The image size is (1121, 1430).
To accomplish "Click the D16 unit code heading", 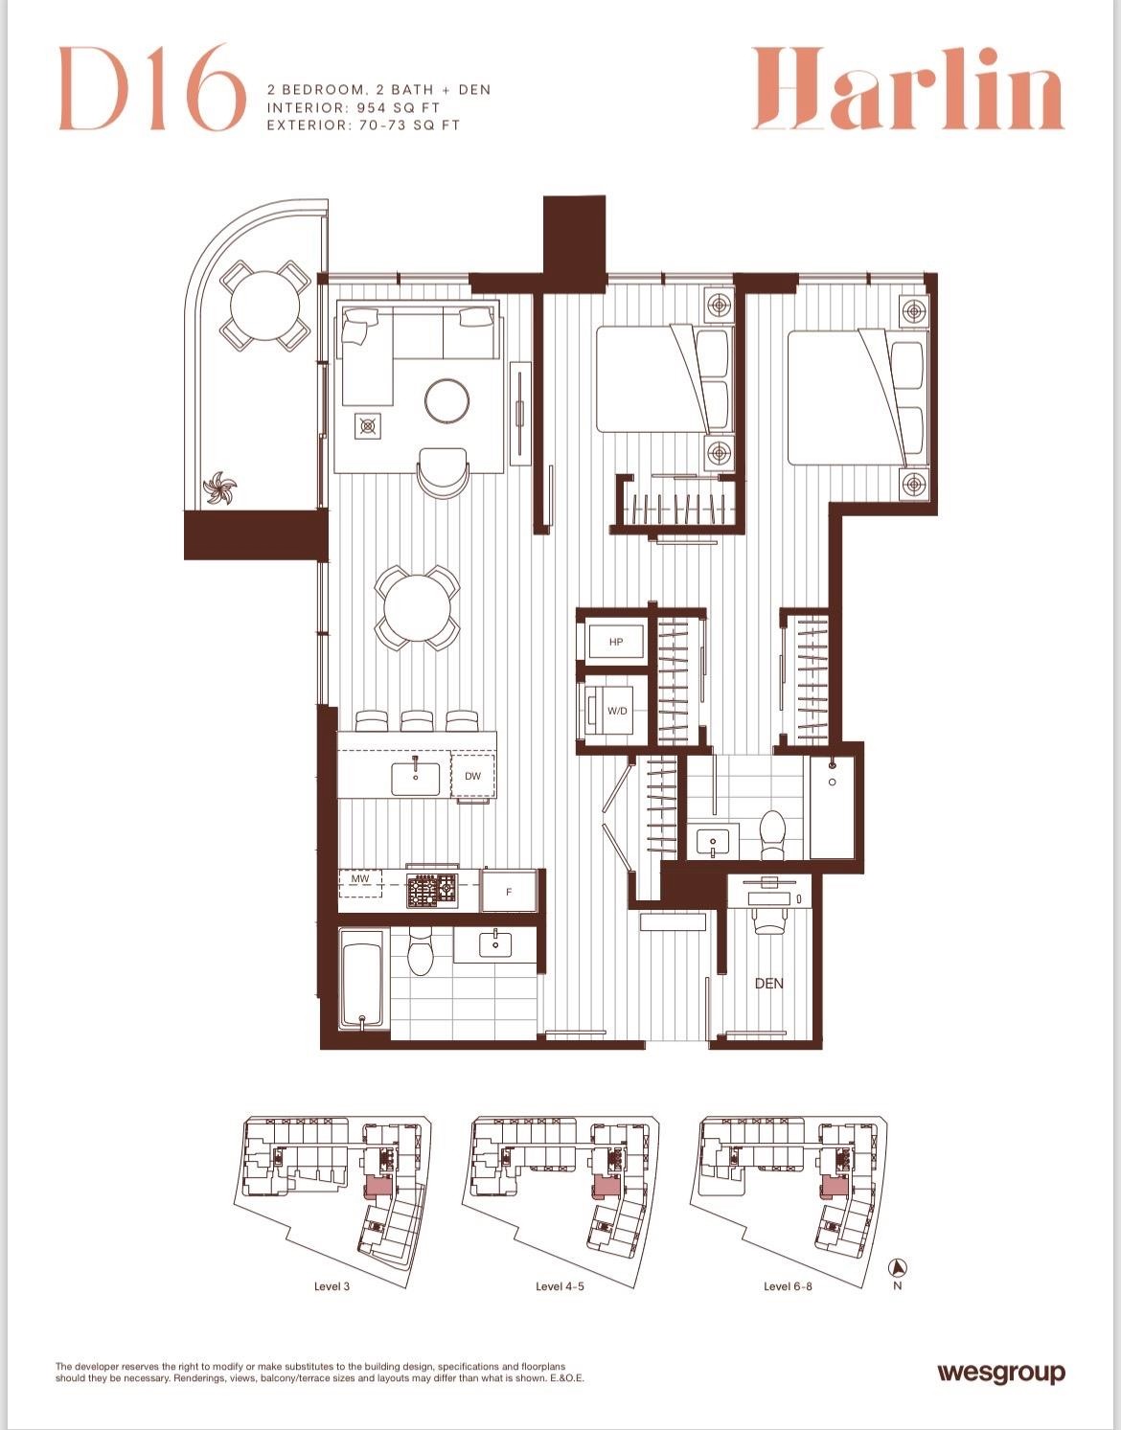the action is [x=152, y=89].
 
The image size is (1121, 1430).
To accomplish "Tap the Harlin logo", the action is [x=907, y=89].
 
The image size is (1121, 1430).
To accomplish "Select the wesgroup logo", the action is [x=1001, y=1373].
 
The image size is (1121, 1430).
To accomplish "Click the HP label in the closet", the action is [x=615, y=642].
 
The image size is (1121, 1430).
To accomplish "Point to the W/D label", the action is [x=617, y=711].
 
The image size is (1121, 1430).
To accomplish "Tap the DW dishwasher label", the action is [x=472, y=776].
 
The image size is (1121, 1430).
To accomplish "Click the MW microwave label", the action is [x=360, y=878].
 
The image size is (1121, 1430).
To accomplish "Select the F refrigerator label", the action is [x=508, y=893].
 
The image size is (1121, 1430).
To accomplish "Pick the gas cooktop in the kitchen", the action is [x=432, y=891].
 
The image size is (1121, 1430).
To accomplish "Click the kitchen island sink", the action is [x=416, y=779].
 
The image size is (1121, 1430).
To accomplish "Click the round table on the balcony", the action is [x=264, y=306].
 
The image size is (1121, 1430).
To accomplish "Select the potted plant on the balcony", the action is [x=219, y=488].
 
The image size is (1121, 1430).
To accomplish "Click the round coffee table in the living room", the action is [x=447, y=400].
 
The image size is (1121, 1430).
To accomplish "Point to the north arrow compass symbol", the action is [x=897, y=1267].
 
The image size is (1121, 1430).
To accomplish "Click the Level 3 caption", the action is [x=332, y=1286].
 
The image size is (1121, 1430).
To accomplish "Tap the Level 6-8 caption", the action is [x=788, y=1286].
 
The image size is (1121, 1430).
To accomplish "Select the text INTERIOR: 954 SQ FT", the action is [x=353, y=107].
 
